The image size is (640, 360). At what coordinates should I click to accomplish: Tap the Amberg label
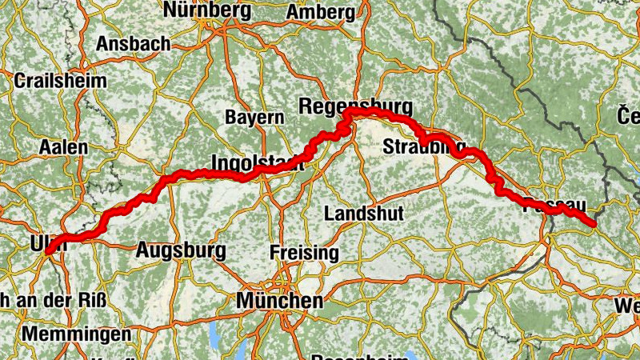[x=320, y=12]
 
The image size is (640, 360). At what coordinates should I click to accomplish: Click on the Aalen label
[x=63, y=148]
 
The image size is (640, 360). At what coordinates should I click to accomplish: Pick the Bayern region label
[x=254, y=117]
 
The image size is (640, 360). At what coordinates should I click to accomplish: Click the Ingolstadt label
[x=257, y=162]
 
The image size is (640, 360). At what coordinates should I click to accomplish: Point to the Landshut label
[x=364, y=214]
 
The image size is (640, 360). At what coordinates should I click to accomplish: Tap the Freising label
[x=305, y=253]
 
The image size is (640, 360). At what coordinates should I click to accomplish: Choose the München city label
[x=280, y=302]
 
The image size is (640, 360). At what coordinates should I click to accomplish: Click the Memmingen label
[x=77, y=333]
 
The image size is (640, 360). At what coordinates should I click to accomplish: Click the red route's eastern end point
[x=593, y=224]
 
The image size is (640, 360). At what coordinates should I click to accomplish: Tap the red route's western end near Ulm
[x=48, y=251]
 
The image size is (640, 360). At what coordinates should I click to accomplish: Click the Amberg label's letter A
[x=294, y=12]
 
